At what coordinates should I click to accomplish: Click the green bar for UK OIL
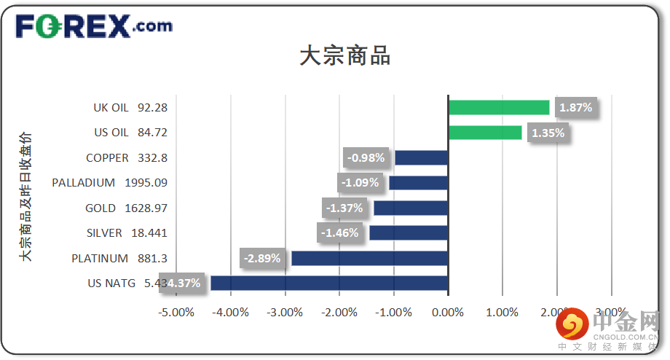[x=499, y=107]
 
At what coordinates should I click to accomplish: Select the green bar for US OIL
[x=485, y=133]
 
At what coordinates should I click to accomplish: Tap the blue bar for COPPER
[x=421, y=157]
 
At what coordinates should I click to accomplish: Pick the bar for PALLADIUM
[x=418, y=183]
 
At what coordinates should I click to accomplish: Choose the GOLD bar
[x=411, y=208]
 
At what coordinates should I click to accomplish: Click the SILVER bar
[x=409, y=233]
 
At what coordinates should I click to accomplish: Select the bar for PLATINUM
[x=369, y=258]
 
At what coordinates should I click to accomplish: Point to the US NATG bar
[x=329, y=283]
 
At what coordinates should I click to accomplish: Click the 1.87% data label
[x=576, y=108]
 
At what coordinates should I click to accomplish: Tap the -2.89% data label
[x=262, y=258]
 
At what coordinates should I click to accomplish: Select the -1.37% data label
[x=344, y=208]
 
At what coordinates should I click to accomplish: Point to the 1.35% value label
[x=548, y=133]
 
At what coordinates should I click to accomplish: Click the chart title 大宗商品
[x=344, y=56]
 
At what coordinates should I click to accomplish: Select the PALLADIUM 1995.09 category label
[x=109, y=183]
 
